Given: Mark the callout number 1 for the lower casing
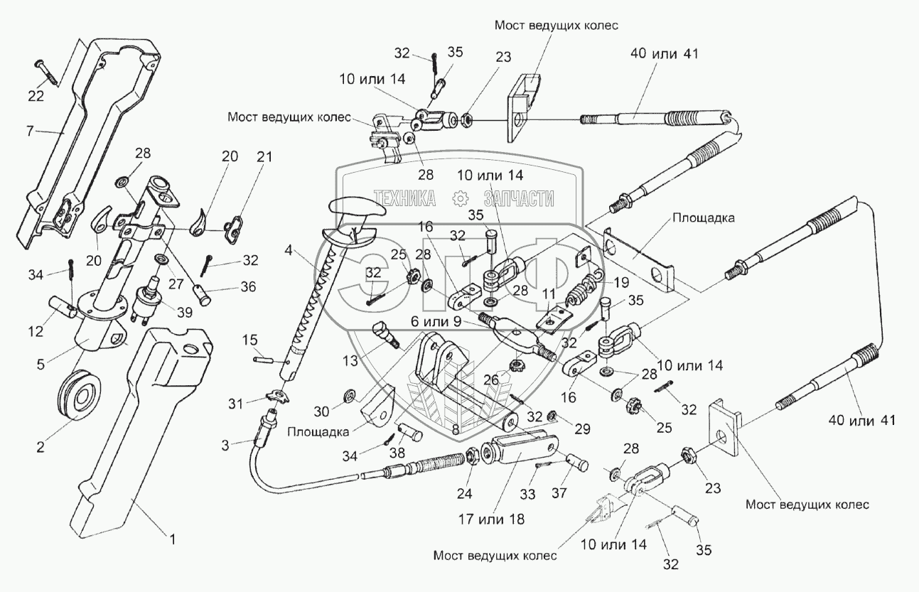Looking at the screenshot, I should click(171, 538).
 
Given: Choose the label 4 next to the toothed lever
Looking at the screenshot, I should click(289, 249).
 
